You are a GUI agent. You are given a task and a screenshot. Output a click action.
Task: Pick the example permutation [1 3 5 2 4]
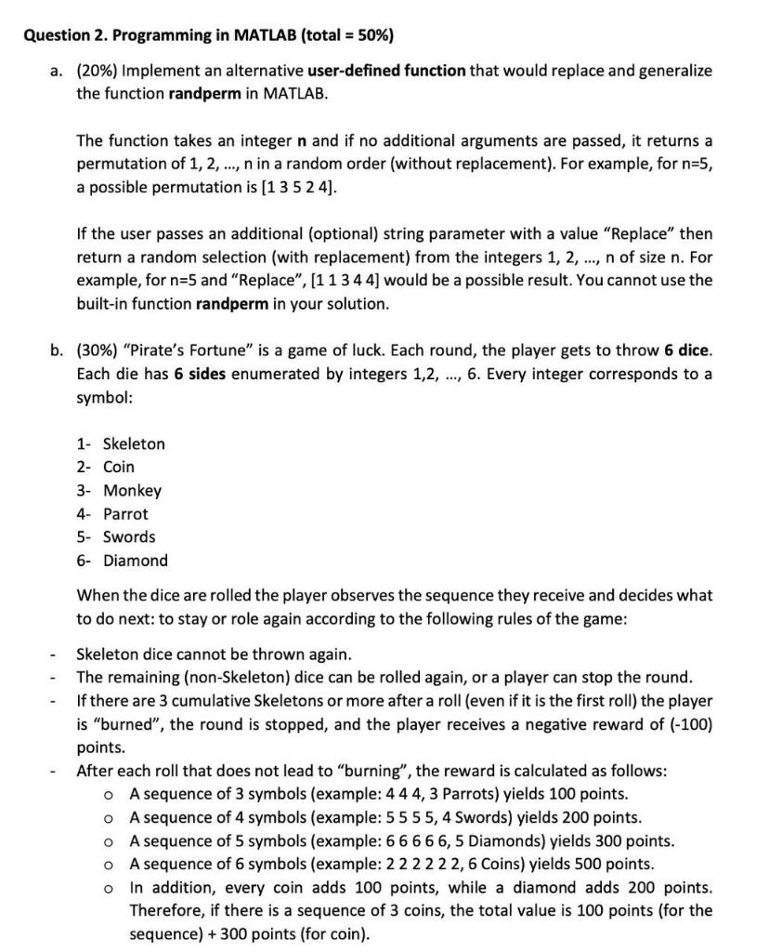pyautogui.click(x=292, y=188)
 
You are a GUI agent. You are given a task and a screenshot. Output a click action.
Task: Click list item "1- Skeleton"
pyautogui.click(x=121, y=443)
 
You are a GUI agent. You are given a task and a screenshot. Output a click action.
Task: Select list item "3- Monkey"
pyautogui.click(x=119, y=490)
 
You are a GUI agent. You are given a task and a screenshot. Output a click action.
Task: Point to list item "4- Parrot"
pyautogui.click(x=112, y=513)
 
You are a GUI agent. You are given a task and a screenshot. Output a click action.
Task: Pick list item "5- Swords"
pyautogui.click(x=116, y=536)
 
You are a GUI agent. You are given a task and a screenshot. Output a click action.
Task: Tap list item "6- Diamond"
pyautogui.click(x=123, y=561)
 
